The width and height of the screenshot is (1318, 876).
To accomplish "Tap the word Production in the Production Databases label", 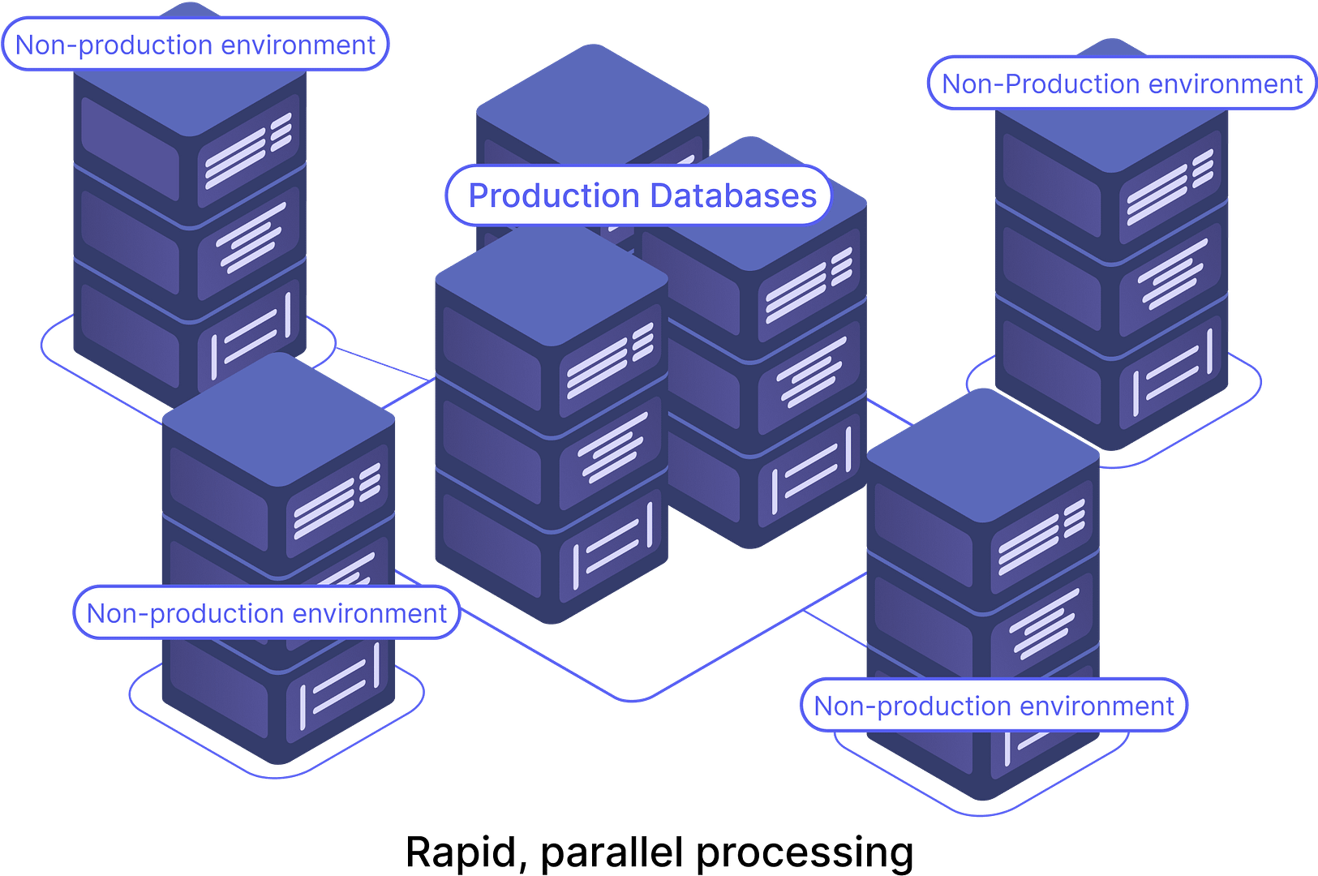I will (554, 196).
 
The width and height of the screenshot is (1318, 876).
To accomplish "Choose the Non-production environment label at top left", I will (195, 45).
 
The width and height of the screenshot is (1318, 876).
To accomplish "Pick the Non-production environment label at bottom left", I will (266, 613).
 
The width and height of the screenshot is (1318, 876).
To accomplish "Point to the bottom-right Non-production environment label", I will (994, 706).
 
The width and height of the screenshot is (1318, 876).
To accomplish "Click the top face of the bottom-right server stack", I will (983, 454).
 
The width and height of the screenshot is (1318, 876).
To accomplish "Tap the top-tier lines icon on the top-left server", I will (247, 149).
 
